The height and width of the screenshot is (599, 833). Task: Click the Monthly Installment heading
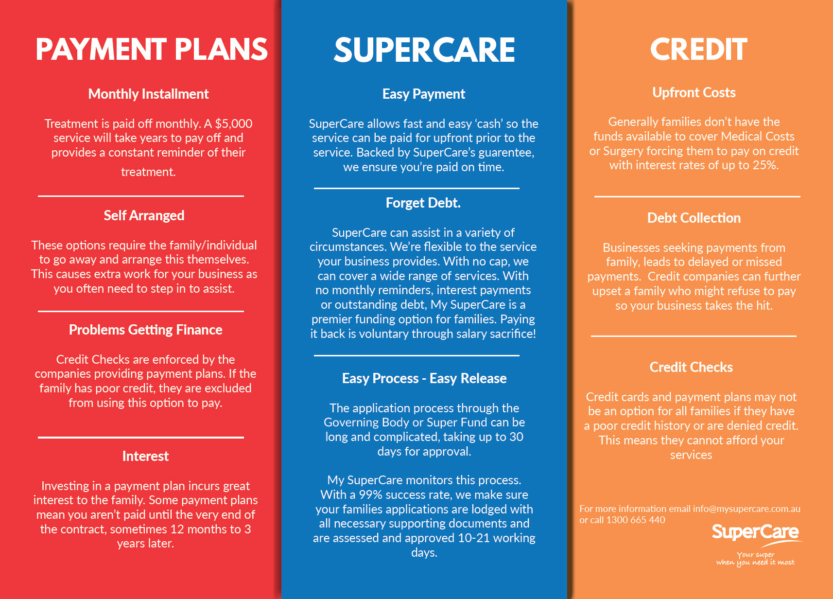click(x=148, y=94)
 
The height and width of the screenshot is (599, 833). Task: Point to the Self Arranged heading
click(x=144, y=216)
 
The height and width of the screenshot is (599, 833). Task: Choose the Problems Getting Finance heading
click(x=145, y=330)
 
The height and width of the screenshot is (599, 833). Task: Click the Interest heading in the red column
click(x=145, y=456)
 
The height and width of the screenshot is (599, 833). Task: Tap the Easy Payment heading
click(x=424, y=94)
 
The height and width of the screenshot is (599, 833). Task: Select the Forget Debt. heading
click(x=423, y=203)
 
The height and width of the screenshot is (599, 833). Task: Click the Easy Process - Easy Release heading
click(x=424, y=378)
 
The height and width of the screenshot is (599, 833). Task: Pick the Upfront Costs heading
click(x=694, y=93)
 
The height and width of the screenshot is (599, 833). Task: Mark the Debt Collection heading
click(x=694, y=218)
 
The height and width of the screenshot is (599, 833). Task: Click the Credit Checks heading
click(x=691, y=367)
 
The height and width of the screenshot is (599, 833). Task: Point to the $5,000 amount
click(x=234, y=124)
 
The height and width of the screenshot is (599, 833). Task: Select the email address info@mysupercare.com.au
click(x=746, y=509)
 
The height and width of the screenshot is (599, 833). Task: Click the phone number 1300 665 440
click(x=636, y=520)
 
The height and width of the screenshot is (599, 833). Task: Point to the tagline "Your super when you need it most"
click(x=755, y=559)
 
